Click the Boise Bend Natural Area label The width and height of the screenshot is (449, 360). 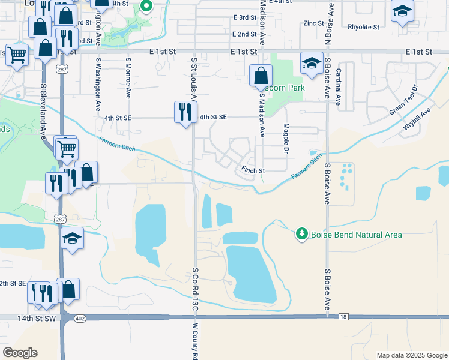point(356,235)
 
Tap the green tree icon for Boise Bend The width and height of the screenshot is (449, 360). point(302,234)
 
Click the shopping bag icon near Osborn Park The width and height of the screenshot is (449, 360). point(260,76)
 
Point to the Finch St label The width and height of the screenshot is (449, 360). point(253,171)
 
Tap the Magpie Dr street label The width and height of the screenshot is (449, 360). point(286,136)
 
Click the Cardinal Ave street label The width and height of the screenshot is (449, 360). point(339,86)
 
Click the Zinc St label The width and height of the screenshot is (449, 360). point(313,23)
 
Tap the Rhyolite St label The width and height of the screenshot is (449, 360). point(363,27)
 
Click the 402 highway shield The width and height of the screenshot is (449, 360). point(80,319)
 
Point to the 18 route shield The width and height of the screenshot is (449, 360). point(343,316)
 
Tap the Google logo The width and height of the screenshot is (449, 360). point(20,353)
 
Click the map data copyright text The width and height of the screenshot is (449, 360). point(411,355)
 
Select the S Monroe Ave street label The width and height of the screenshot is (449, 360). point(128,78)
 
